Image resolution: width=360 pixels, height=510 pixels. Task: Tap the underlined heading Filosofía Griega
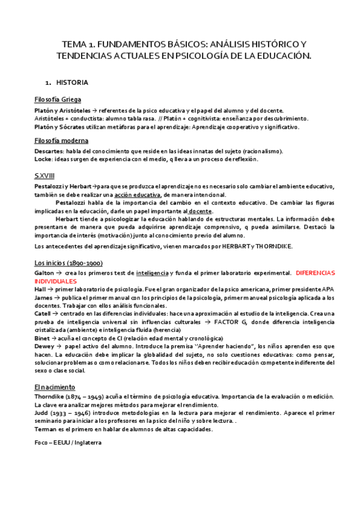tap(58, 99)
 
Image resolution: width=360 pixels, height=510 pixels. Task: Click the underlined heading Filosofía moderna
tap(61, 141)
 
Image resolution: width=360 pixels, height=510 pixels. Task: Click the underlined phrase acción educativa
tap(137, 194)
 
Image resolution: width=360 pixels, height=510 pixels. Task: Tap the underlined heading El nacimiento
tap(55, 387)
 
